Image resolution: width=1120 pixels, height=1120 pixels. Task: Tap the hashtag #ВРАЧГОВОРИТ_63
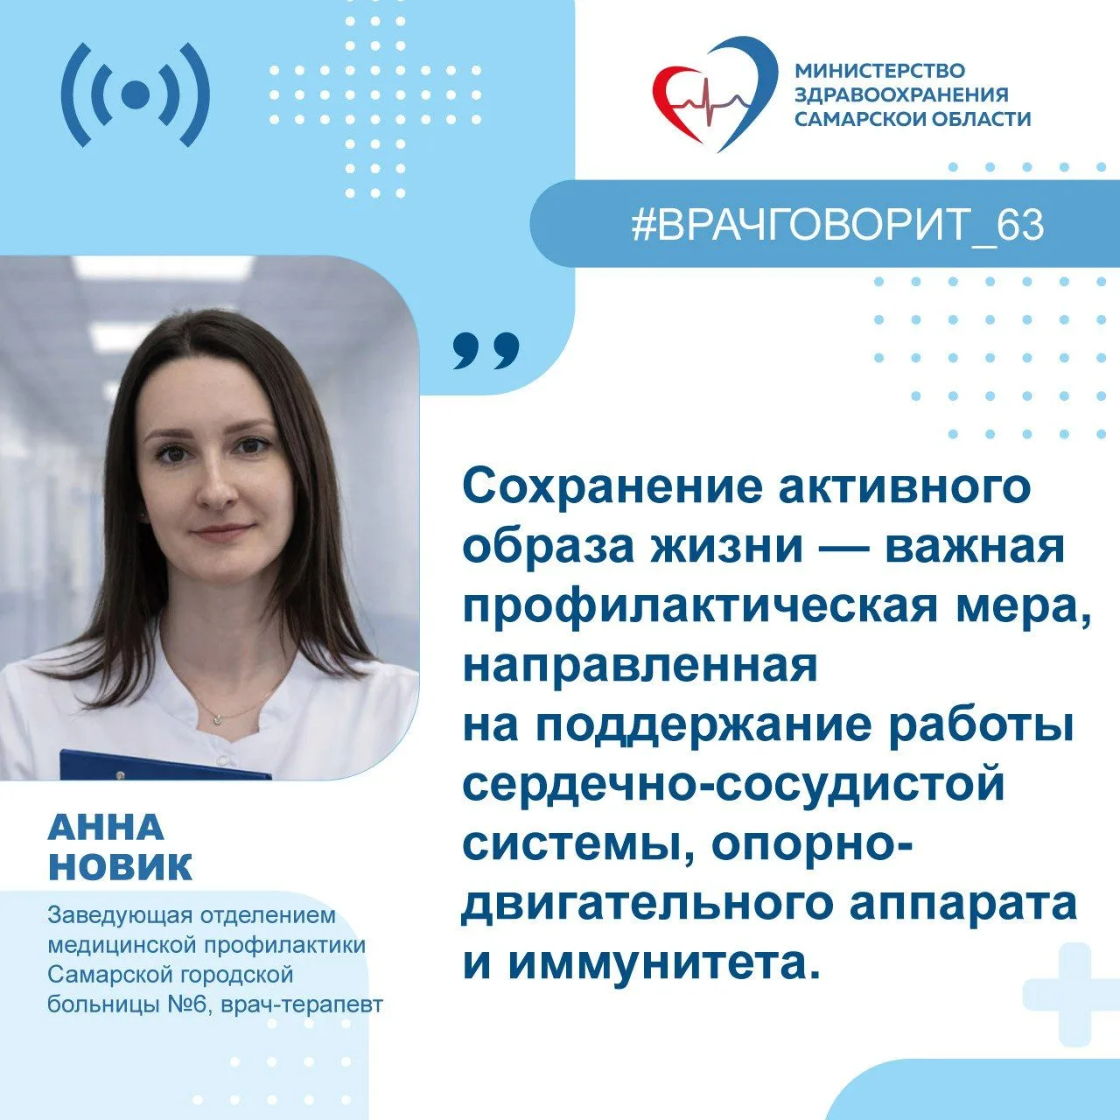click(837, 225)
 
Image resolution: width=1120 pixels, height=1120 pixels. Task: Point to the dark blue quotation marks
click(486, 351)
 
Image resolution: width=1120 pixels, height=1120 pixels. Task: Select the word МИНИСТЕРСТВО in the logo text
click(880, 70)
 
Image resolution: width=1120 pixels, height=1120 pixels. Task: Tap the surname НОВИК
click(120, 867)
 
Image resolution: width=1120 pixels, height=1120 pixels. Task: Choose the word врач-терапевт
click(302, 1005)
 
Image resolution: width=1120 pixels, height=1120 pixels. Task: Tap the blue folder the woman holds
click(165, 764)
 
